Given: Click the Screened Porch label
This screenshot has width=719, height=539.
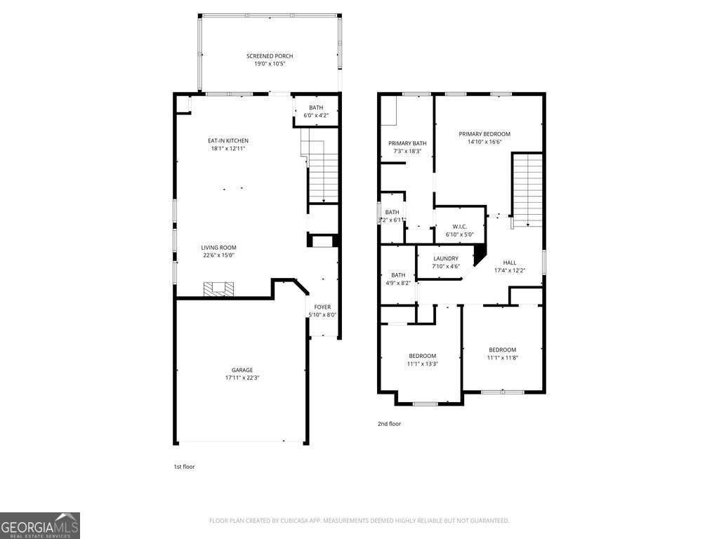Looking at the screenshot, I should click(270, 56).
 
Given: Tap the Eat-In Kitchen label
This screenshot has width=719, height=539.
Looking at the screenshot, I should click(229, 140).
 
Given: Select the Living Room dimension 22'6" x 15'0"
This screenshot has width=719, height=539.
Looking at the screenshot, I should click(218, 255).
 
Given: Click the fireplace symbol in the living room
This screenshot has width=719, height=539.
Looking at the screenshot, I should click(219, 288).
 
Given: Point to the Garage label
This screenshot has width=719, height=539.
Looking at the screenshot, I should click(242, 370).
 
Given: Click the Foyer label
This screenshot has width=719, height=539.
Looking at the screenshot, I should click(322, 307).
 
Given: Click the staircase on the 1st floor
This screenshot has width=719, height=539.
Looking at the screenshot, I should click(324, 175).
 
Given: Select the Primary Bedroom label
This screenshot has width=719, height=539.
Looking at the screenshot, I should click(484, 133).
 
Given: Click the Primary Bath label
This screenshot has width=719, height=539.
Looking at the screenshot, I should click(407, 143).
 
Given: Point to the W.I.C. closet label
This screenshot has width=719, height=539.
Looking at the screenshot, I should click(460, 226).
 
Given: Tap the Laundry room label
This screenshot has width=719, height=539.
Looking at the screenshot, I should click(446, 258).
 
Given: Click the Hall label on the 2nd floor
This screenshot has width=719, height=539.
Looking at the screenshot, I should click(509, 262).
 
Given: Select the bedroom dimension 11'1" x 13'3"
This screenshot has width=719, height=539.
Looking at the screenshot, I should click(422, 364).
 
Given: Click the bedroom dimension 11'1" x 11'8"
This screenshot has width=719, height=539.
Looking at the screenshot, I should click(502, 358).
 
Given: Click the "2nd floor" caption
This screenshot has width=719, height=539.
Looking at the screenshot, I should click(390, 423).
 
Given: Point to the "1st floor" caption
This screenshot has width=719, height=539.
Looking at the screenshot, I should click(184, 466).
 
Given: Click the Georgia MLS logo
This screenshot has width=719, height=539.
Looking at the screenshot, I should click(40, 526).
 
